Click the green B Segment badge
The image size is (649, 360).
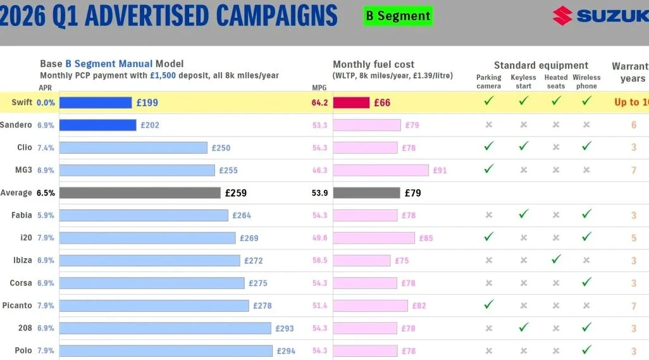tap(398, 16)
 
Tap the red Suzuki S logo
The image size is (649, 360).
tap(562, 16)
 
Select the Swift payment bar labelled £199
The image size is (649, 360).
tap(96, 102)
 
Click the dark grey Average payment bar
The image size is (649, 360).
tap(139, 193)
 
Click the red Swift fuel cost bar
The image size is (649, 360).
tap(351, 102)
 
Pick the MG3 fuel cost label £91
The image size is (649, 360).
tap(440, 170)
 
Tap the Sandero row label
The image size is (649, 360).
tap(16, 125)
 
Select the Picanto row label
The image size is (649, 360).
tap(16, 306)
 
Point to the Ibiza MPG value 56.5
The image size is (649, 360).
tap(320, 261)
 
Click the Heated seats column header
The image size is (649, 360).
tap(556, 82)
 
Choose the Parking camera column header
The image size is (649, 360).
tap(488, 82)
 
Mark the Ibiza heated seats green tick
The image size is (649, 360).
tap(556, 259)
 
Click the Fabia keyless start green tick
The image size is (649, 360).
tap(523, 214)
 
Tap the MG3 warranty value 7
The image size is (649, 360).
tap(633, 171)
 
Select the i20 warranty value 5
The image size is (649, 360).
tap(633, 239)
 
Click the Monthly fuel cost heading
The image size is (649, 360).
tap(374, 65)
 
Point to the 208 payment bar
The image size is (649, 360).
tap(165, 328)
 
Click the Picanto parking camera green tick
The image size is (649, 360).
tap(488, 304)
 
